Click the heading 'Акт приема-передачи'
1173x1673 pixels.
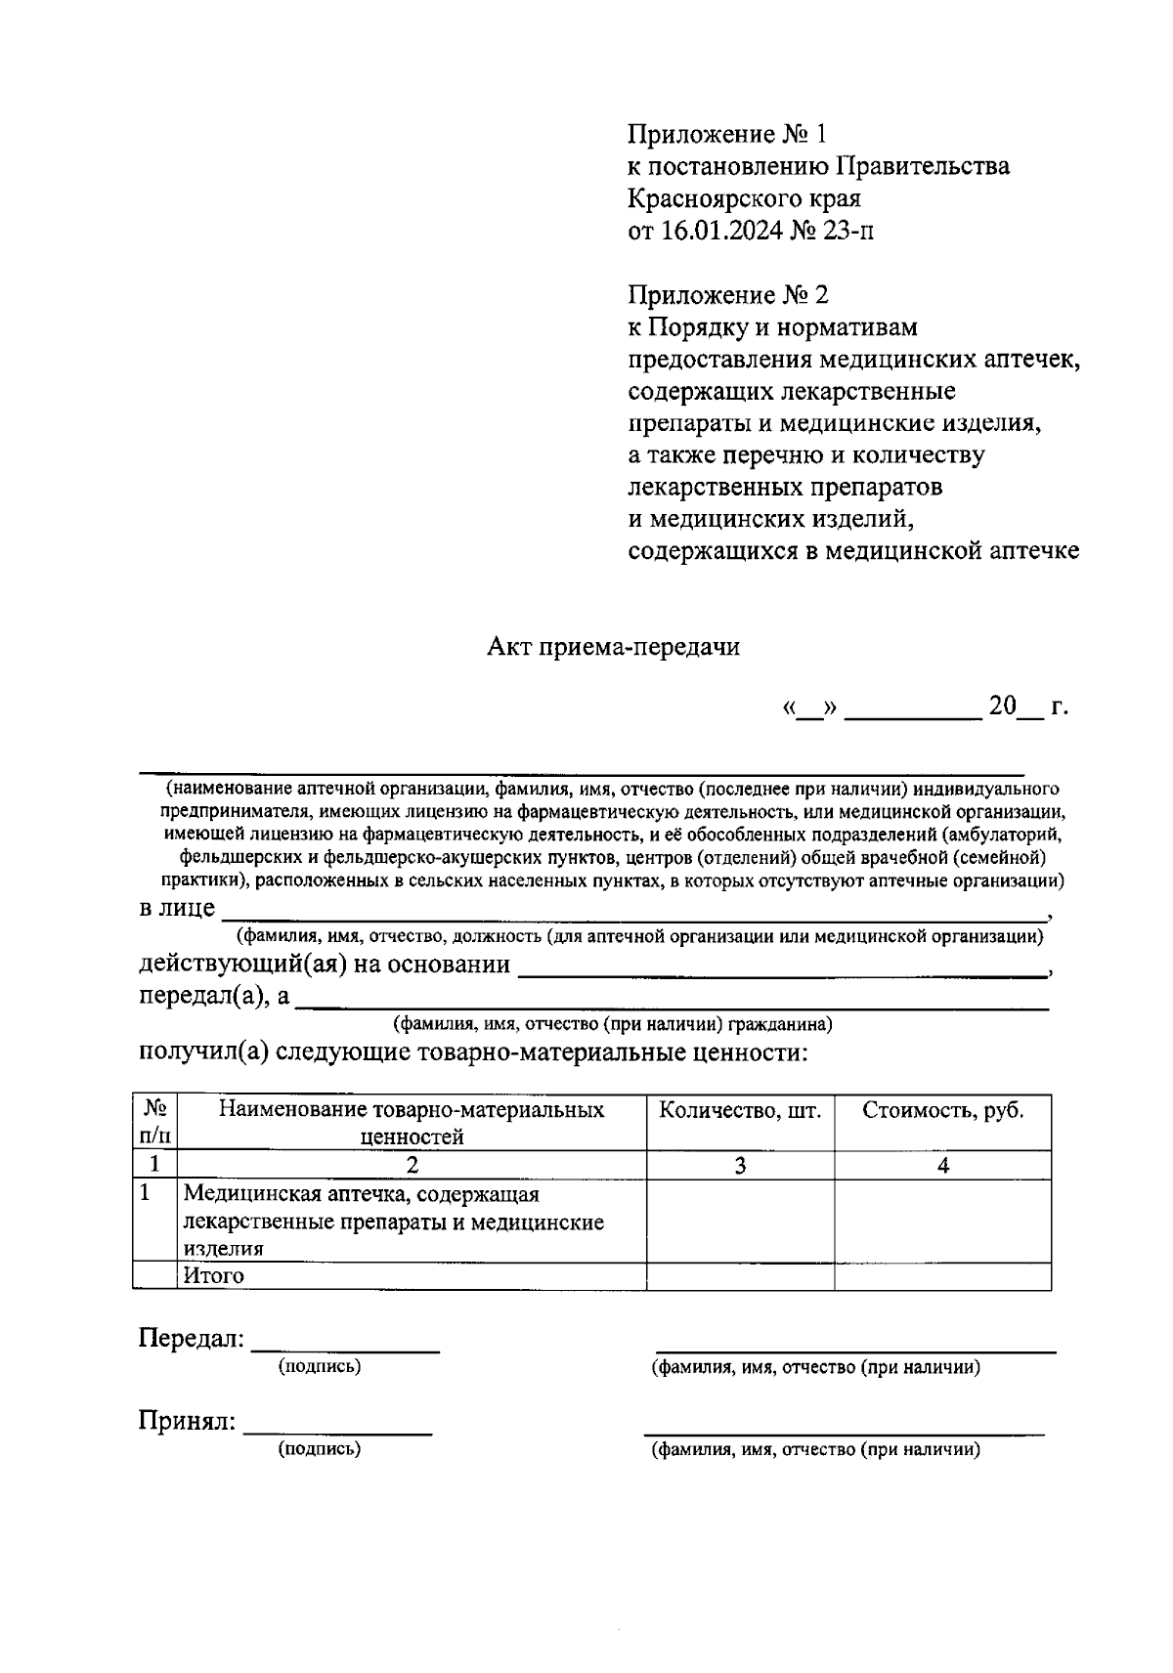(613, 647)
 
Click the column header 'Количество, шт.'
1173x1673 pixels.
(740, 1111)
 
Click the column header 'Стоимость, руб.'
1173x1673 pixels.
(942, 1111)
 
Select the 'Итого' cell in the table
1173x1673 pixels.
(214, 1275)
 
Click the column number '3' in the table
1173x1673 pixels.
(740, 1165)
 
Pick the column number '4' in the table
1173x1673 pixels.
(942, 1165)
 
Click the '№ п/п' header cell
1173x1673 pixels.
(155, 1122)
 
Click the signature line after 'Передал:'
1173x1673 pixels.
(345, 1349)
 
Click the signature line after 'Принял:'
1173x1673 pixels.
(337, 1431)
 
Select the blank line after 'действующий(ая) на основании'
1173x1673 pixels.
(780, 973)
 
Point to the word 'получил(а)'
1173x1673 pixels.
(202, 1053)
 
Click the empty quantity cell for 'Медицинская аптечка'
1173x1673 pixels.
(740, 1221)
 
